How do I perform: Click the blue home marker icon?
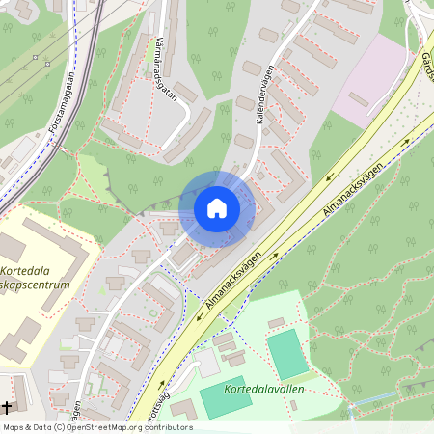(217, 208)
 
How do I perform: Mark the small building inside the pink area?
(359, 98)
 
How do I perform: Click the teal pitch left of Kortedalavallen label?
(224, 397)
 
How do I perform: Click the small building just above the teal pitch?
(276, 322)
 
